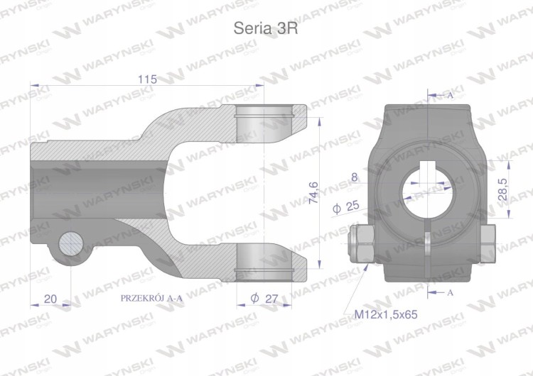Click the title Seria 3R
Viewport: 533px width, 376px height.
point(266,28)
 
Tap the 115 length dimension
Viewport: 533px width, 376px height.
point(147,79)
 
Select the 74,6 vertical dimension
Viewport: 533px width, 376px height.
point(313,193)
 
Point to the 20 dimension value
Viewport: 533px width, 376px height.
point(50,299)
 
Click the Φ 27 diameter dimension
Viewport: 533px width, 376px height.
point(264,299)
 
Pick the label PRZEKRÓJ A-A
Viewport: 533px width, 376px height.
point(151,298)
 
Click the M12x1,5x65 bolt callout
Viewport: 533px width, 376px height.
point(386,314)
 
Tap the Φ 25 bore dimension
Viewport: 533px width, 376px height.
point(345,206)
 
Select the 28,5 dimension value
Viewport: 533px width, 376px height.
point(502,189)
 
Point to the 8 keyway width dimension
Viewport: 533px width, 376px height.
point(355,177)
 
